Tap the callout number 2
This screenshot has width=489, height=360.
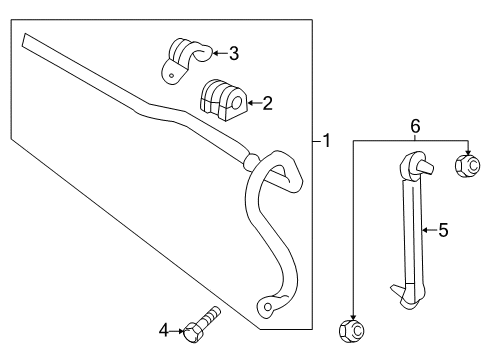coord(267,101)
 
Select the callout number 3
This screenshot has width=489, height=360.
coord(234,53)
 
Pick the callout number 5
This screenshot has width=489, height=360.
coord(443,230)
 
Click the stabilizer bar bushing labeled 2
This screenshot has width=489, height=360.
coord(221,98)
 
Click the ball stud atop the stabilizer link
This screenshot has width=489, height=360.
coord(418,161)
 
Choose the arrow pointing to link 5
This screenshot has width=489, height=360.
coord(427,230)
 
